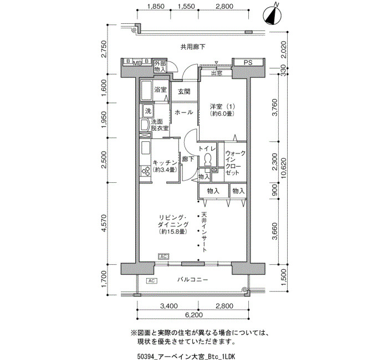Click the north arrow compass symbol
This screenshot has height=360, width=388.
coord(272,16)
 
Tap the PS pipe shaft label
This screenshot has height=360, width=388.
coord(248,63)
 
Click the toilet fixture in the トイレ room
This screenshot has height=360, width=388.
coord(208,160)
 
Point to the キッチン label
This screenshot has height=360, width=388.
coord(165,163)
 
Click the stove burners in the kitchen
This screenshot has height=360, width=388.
coord(145,171)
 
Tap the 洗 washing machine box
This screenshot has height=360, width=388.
coord(148,111)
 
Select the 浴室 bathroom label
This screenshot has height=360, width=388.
coord(160,90)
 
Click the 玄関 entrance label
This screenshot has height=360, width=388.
coord(185,92)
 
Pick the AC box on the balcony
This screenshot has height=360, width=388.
coord(152,281)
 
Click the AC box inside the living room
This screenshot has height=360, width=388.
coord(164,256)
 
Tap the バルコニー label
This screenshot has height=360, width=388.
coord(192,280)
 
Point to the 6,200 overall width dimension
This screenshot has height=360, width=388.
coord(194,315)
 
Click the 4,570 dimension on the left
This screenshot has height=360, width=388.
coord(104,223)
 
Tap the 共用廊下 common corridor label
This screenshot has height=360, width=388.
coord(193,47)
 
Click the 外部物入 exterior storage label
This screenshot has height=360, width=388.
coord(160,66)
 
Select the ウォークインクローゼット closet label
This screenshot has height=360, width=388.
coord(236,163)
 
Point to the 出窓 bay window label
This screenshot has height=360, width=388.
coord(217,74)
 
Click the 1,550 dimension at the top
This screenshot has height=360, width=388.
coord(186,6)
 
